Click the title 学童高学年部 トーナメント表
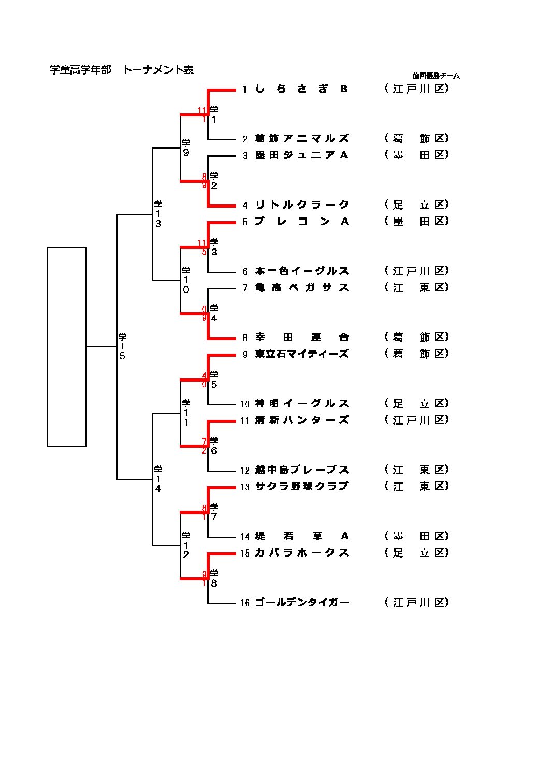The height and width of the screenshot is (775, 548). (122, 70)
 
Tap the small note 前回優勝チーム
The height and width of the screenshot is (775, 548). (436, 76)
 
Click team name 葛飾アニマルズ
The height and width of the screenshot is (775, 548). (301, 139)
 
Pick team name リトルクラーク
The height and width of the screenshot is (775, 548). (301, 205)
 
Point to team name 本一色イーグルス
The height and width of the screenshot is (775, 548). (301, 271)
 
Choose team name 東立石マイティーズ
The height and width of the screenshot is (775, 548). (301, 354)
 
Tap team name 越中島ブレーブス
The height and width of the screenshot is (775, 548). (301, 470)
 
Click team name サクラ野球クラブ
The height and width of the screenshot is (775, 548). (301, 487)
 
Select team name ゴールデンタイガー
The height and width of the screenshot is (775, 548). (301, 603)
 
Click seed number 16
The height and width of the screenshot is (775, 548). (244, 603)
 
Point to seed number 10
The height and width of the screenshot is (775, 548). (244, 404)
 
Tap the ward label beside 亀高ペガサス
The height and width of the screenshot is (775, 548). (416, 287)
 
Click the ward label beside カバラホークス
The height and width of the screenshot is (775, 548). (416, 553)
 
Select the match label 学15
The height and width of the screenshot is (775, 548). (122, 346)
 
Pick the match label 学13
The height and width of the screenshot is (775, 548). (158, 214)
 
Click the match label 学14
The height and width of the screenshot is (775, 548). (158, 479)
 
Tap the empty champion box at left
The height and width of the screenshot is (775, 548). (67, 346)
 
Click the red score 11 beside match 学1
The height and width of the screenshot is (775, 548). (202, 110)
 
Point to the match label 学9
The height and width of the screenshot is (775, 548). (186, 148)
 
